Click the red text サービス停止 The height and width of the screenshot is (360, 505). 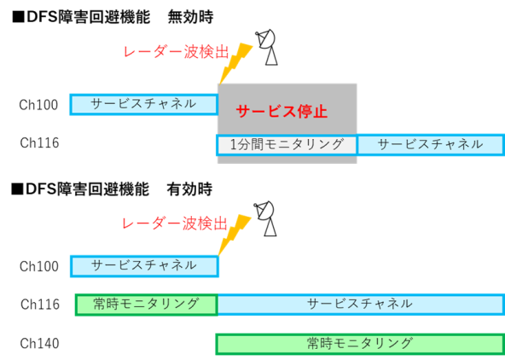coord(282,112)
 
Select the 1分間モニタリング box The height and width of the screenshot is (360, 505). coord(287,146)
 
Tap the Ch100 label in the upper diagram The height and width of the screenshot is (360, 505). coord(38,105)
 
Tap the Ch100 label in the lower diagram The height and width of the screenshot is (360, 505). coord(39,267)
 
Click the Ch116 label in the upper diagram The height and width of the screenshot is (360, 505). coord(39,143)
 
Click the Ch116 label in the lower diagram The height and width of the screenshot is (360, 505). coord(40,305)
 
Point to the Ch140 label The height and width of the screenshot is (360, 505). coord(39,344)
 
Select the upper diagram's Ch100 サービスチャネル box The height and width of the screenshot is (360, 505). coord(144,105)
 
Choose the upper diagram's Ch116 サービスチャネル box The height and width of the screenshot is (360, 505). coord(431,145)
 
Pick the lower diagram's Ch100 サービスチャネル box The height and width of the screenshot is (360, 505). coord(145,266)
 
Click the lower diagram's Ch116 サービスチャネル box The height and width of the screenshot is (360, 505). coord(361,305)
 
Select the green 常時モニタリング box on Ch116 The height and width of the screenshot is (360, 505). coord(147,305)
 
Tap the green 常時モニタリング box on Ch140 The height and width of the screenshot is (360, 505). coord(360,345)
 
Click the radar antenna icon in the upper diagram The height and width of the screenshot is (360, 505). coord(267,47)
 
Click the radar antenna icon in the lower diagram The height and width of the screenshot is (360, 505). coord(265,218)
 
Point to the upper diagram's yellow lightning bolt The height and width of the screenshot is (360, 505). coord(235,63)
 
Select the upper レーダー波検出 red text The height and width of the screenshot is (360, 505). coord(177,52)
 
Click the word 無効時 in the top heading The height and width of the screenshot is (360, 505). coord(190,17)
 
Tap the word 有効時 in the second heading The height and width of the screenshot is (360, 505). coord(189,189)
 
